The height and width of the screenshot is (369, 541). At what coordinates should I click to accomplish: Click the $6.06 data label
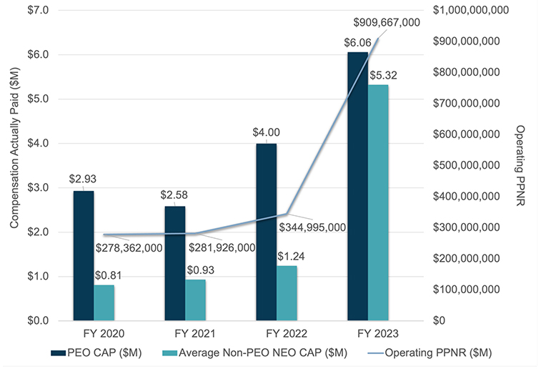pyautogui.click(x=357, y=43)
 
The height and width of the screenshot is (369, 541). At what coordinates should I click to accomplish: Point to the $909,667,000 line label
pyautogui.click(x=387, y=22)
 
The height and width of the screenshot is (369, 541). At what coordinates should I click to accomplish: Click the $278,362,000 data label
pyautogui.click(x=129, y=247)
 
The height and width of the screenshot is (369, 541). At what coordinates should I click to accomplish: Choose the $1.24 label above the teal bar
pyautogui.click(x=288, y=255)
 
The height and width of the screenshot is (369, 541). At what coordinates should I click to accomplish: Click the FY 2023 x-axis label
pyautogui.click(x=368, y=333)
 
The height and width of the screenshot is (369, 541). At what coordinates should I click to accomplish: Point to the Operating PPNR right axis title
pyautogui.click(x=521, y=164)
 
